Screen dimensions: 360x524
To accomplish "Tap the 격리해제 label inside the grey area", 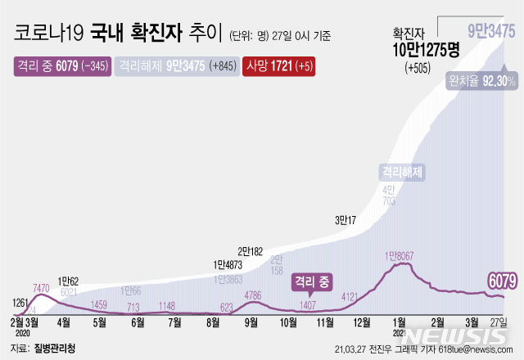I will point(400,173).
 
